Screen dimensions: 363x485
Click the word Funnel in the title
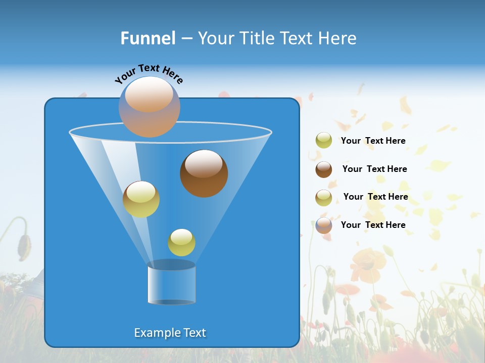click(x=148, y=38)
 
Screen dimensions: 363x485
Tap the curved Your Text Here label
click(x=149, y=74)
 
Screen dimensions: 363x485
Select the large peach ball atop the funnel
click(x=149, y=107)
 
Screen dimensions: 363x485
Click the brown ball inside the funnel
click(x=204, y=174)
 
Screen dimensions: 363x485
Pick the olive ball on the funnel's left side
click(x=141, y=199)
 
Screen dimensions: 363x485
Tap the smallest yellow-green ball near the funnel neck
click(x=181, y=243)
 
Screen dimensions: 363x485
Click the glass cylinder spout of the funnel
click(x=172, y=283)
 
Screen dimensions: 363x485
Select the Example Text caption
click(x=170, y=333)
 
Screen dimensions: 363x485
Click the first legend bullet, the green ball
click(x=324, y=141)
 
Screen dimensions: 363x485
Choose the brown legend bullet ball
click(x=324, y=169)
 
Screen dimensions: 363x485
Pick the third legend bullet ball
click(x=324, y=198)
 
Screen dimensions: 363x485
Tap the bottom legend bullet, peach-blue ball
click(x=324, y=225)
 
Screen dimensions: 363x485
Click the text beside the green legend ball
click(x=373, y=141)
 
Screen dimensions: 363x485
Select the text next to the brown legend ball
click(x=374, y=169)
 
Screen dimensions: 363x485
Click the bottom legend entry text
click(x=373, y=225)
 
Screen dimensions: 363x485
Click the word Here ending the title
click(x=338, y=38)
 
